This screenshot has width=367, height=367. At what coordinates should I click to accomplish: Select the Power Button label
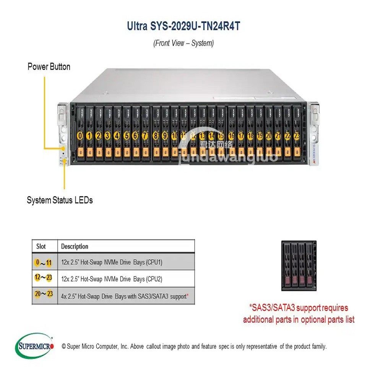(x=49, y=67)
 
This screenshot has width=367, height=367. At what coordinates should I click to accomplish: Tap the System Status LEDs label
(x=60, y=200)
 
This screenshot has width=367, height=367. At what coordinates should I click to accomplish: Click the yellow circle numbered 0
(x=80, y=135)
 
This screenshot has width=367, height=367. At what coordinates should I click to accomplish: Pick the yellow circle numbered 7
(x=145, y=135)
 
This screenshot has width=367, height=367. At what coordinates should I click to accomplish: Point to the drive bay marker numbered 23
(x=296, y=135)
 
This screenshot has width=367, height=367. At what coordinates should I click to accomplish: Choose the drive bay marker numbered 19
(x=260, y=135)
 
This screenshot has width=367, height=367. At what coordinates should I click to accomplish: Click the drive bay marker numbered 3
(x=107, y=135)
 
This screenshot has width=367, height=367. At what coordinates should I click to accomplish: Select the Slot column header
(x=41, y=246)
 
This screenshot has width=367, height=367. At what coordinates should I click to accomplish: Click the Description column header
(x=75, y=246)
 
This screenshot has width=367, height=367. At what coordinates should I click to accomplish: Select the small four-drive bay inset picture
(x=299, y=265)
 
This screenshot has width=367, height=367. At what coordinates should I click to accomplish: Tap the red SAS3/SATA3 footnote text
(x=299, y=313)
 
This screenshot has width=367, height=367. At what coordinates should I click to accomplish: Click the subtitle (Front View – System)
(x=183, y=43)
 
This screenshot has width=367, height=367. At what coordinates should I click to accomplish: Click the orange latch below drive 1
(x=89, y=152)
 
